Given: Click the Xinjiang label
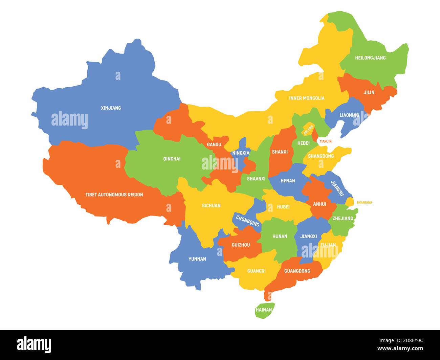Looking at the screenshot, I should pyautogui.click(x=111, y=108).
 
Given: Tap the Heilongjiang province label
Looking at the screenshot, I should pyautogui.click(x=370, y=58).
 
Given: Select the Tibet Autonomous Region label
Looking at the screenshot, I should pyautogui.click(x=114, y=195).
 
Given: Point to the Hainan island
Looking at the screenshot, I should pyautogui.click(x=264, y=310).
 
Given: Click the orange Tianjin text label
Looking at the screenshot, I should pyautogui.click(x=326, y=141).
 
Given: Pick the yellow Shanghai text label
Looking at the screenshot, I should pyautogui.click(x=364, y=203).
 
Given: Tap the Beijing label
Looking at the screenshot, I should pyautogui.click(x=308, y=129).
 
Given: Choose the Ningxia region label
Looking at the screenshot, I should pyautogui.click(x=241, y=153).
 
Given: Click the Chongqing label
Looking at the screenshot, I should pyautogui.click(x=248, y=221).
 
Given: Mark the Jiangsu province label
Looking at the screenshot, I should pyautogui.click(x=337, y=188).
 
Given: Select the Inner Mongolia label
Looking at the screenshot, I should pyautogui.click(x=307, y=98).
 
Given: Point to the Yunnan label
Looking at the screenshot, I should pyautogui.click(x=197, y=259).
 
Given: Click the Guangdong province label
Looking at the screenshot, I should pyautogui.click(x=297, y=271).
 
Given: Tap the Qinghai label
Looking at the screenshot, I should pyautogui.click(x=172, y=159).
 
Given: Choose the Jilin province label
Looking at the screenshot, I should pyautogui.click(x=369, y=92).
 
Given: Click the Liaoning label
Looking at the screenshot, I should pyautogui.click(x=349, y=115).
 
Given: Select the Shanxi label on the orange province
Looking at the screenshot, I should pyautogui.click(x=280, y=152).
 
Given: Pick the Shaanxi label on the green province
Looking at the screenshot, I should pyautogui.click(x=256, y=179).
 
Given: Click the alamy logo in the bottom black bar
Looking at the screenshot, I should pyautogui.click(x=34, y=344).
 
